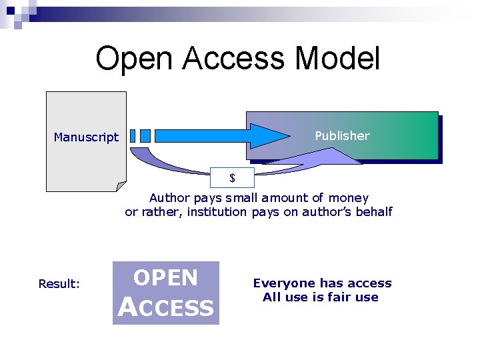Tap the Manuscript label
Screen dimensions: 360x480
point(86,137)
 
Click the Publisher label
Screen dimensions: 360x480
point(342,136)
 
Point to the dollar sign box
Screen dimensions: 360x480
point(232,178)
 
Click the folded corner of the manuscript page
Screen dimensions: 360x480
point(120,186)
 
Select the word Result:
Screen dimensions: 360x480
point(59,284)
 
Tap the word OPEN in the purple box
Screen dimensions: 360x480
point(165,278)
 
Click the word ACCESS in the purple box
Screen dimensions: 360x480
point(166,307)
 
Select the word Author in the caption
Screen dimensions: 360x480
point(169,198)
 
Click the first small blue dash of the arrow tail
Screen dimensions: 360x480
point(132,136)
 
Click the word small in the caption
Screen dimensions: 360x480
point(244,198)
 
